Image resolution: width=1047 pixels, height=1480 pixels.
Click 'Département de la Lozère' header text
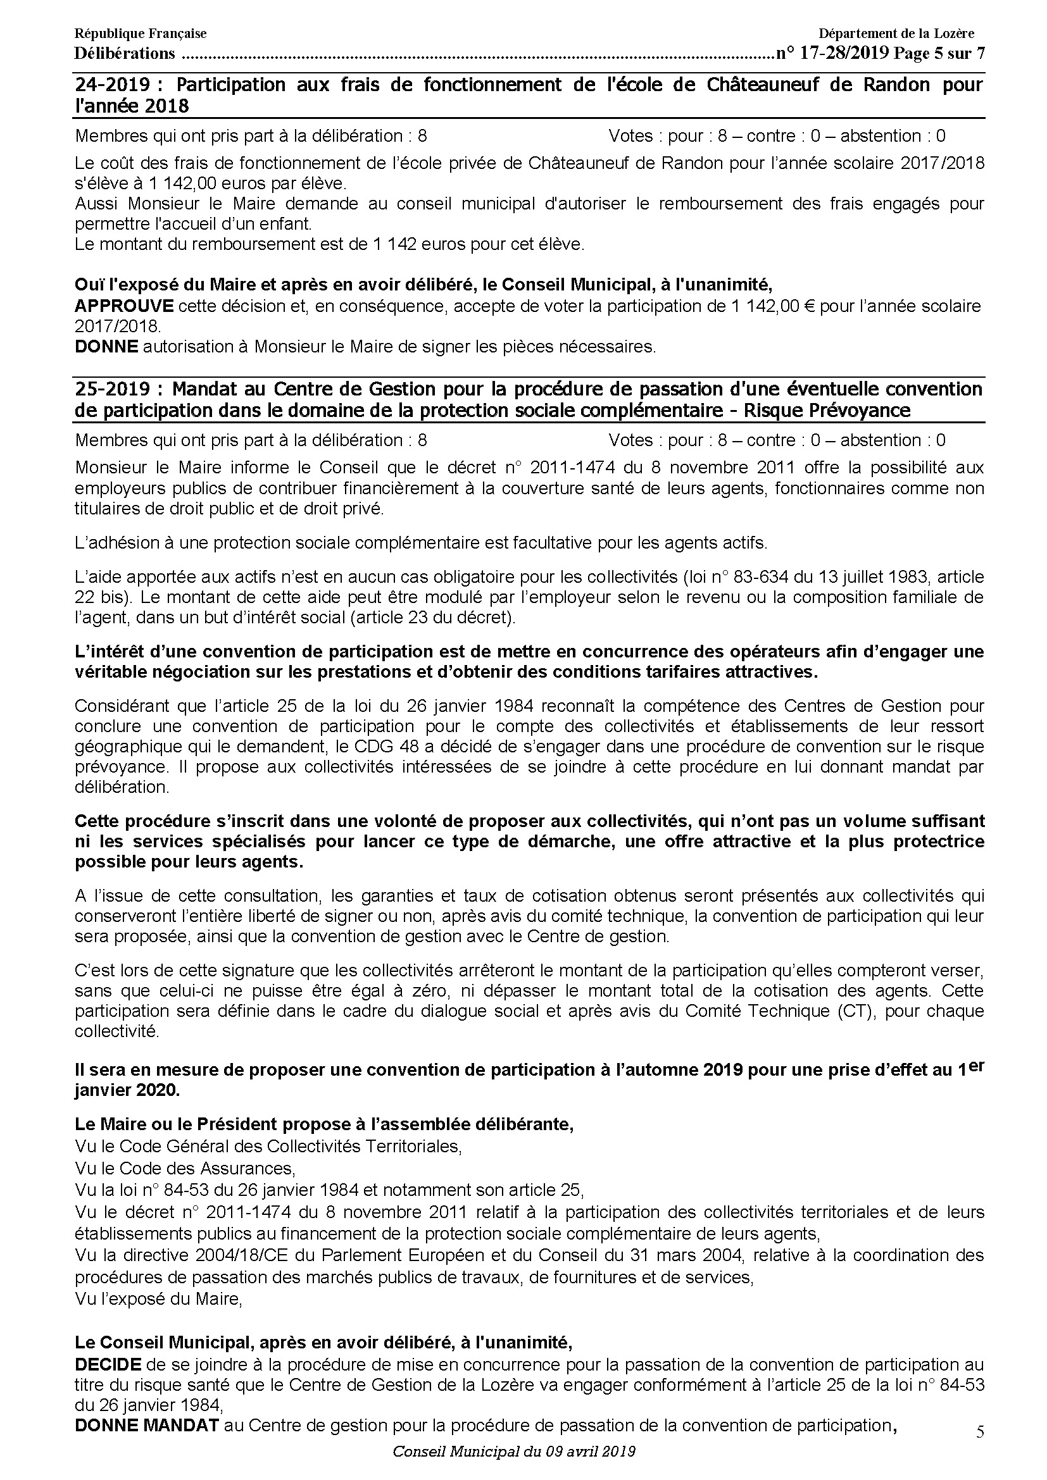[896, 34]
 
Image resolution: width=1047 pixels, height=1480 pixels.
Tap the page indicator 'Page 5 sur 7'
[939, 53]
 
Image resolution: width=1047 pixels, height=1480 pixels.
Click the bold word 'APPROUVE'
[124, 306]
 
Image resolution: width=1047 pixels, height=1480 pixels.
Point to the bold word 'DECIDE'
[108, 1365]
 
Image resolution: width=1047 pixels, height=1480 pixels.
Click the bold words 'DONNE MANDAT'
[147, 1425]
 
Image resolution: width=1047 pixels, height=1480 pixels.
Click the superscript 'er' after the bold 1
[976, 1065]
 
